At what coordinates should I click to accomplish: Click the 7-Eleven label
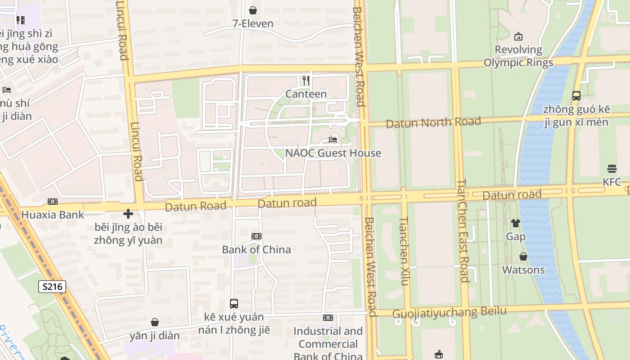point(253,23)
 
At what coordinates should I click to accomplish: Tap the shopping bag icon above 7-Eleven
point(253,10)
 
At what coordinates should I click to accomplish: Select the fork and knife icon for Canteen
point(306,81)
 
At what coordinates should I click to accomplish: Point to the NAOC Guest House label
point(333,153)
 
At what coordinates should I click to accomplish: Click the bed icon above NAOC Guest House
point(333,140)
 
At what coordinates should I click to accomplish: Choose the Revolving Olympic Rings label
point(518,56)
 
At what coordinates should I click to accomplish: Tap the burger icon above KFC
point(612,169)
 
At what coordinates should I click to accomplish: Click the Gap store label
point(516,237)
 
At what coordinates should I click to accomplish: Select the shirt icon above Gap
point(516,223)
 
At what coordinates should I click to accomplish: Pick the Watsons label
point(523,270)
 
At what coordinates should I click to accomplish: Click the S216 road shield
point(52,287)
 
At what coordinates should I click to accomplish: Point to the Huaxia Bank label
point(53,215)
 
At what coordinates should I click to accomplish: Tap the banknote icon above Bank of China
point(256,236)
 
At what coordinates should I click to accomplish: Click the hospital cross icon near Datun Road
point(128,214)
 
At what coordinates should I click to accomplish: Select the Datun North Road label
point(433,122)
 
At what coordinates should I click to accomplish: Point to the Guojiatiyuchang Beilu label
point(450,312)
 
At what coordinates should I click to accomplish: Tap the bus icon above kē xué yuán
point(234,304)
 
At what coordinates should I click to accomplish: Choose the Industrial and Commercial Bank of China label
point(328,344)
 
